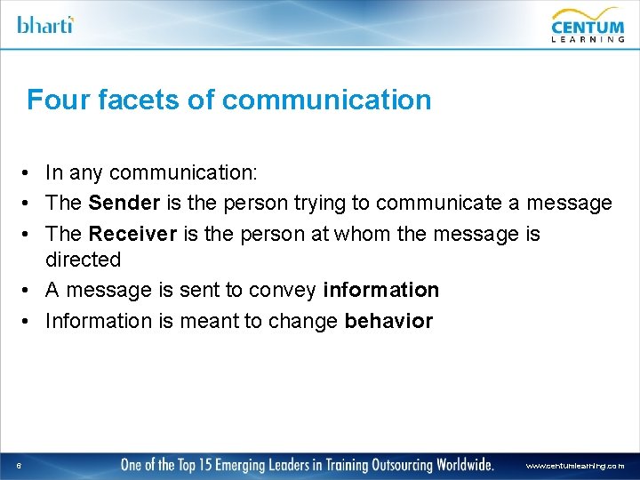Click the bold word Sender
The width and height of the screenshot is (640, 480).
point(124,204)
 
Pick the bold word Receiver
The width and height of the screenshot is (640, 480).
point(131,234)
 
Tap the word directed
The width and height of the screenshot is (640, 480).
point(83,260)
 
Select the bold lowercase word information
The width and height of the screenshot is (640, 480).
point(380,290)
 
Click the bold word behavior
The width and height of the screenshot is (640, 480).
point(388,320)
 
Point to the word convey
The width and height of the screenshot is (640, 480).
point(285,290)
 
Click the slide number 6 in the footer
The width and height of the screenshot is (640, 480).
point(18,465)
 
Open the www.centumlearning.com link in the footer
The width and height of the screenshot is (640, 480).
point(574,465)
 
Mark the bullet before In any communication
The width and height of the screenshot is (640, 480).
point(29,173)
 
